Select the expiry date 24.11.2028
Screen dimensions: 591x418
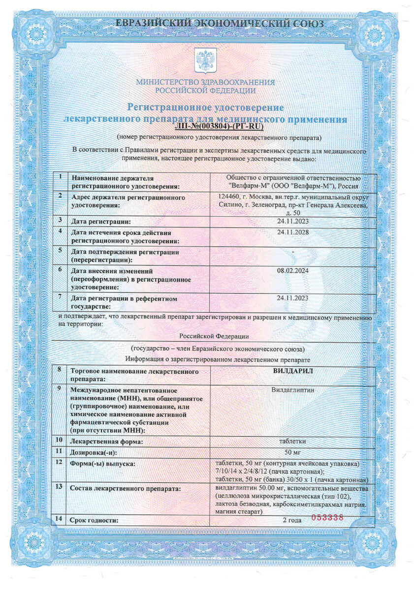point(293,232)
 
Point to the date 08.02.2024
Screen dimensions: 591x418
point(293,270)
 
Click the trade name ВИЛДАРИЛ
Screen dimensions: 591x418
point(293,370)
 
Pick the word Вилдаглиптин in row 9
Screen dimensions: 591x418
point(293,390)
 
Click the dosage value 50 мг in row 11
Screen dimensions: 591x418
point(293,452)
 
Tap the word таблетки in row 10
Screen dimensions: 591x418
point(293,441)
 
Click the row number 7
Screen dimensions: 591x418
point(59,296)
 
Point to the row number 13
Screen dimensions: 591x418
point(60,487)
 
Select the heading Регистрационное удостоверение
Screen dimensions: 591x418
point(206,107)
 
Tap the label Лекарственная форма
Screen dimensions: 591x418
point(107,442)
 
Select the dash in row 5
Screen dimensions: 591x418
point(293,252)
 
